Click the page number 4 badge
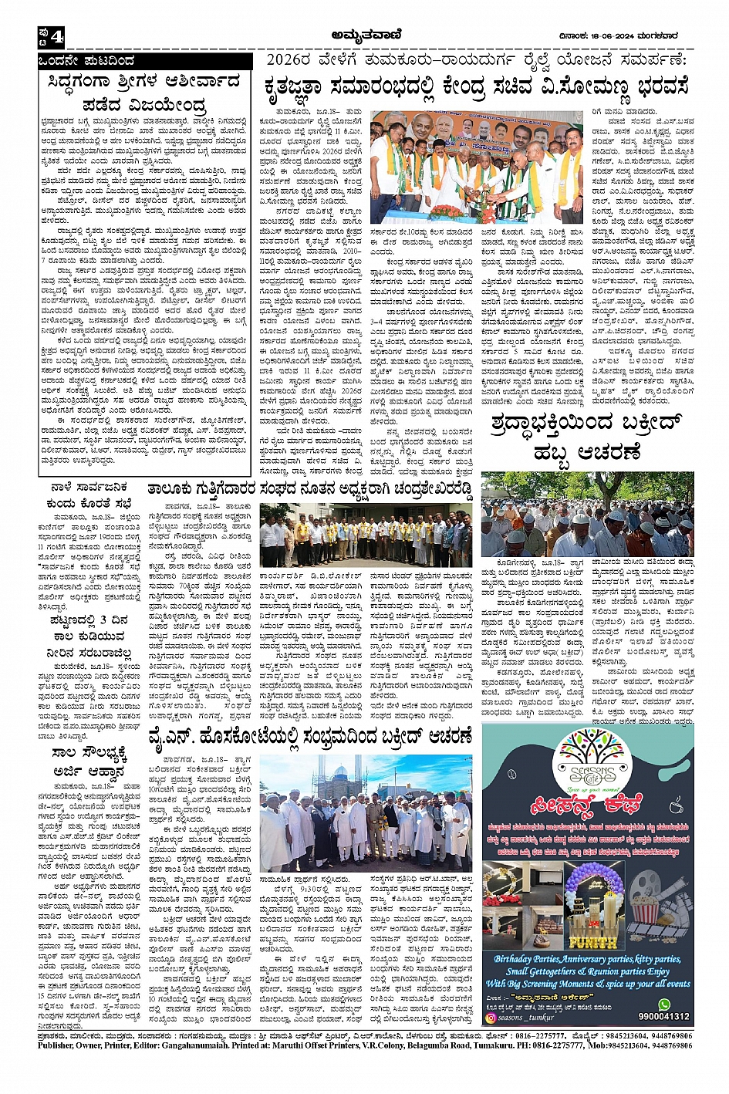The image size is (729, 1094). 52,35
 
